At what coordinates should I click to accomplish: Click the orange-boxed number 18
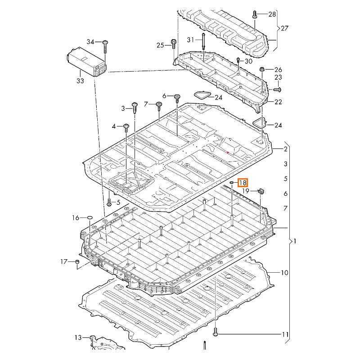(243, 183)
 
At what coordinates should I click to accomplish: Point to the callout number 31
(191, 40)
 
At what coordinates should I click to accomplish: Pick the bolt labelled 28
(255, 14)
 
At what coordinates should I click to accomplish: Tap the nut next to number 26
(262, 69)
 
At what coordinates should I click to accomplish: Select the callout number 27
(284, 28)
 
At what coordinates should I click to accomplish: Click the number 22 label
(278, 102)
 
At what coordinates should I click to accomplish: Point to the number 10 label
(284, 273)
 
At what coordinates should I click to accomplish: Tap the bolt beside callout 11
(216, 333)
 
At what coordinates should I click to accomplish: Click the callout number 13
(78, 337)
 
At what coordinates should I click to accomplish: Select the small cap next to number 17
(77, 261)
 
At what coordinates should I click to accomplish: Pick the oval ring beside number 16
(89, 218)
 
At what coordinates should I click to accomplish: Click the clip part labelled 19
(261, 192)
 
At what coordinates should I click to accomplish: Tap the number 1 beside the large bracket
(295, 241)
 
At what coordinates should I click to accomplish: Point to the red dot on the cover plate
(228, 153)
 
